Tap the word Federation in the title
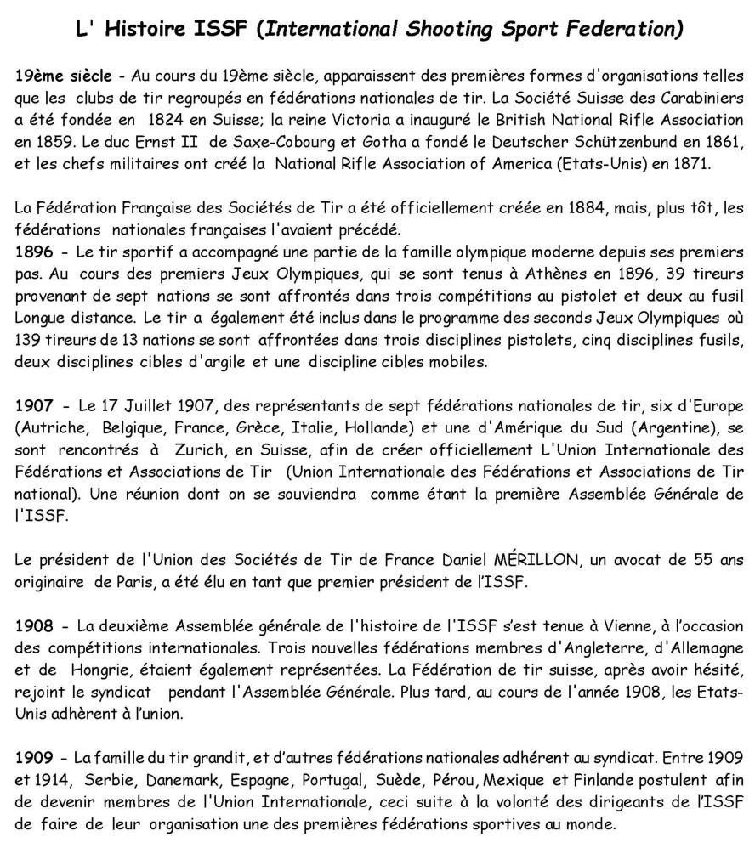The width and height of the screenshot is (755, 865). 627,30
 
